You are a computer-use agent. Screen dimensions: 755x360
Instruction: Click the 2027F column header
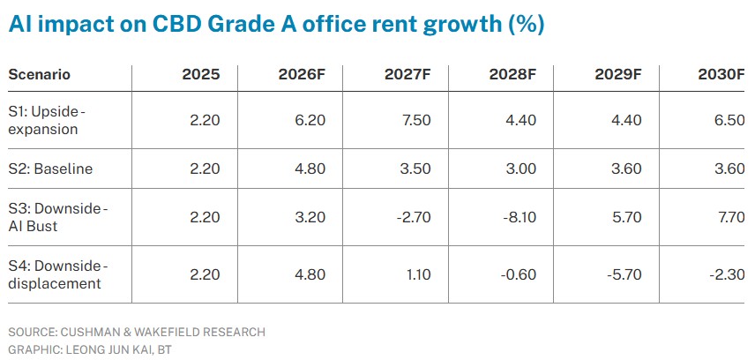[407, 75]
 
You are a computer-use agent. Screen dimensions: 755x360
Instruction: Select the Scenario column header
[40, 75]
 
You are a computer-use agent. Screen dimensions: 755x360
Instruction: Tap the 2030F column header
[721, 75]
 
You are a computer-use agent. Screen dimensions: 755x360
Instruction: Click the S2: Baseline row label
[50, 169]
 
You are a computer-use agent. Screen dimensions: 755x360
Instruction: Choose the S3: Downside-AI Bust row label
[58, 217]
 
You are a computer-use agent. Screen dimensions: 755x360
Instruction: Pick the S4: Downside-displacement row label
[58, 274]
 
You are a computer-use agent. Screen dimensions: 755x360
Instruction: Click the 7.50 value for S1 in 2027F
[416, 120]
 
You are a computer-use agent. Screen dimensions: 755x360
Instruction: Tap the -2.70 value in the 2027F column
[413, 217]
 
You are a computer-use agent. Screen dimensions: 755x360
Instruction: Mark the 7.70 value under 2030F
[730, 217]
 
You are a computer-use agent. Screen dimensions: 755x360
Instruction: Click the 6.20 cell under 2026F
[310, 120]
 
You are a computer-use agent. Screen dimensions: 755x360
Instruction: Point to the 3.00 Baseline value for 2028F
[521, 169]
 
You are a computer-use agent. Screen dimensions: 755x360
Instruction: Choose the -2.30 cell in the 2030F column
[727, 274]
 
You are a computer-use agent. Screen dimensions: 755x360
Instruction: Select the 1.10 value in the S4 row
[417, 274]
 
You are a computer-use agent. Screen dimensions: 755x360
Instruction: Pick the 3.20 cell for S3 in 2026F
[310, 217]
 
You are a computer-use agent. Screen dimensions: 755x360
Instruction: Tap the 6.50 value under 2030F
[730, 120]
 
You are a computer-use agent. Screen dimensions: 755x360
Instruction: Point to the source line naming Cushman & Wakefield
[137, 332]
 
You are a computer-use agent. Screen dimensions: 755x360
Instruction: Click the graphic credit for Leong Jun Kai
[90, 349]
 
